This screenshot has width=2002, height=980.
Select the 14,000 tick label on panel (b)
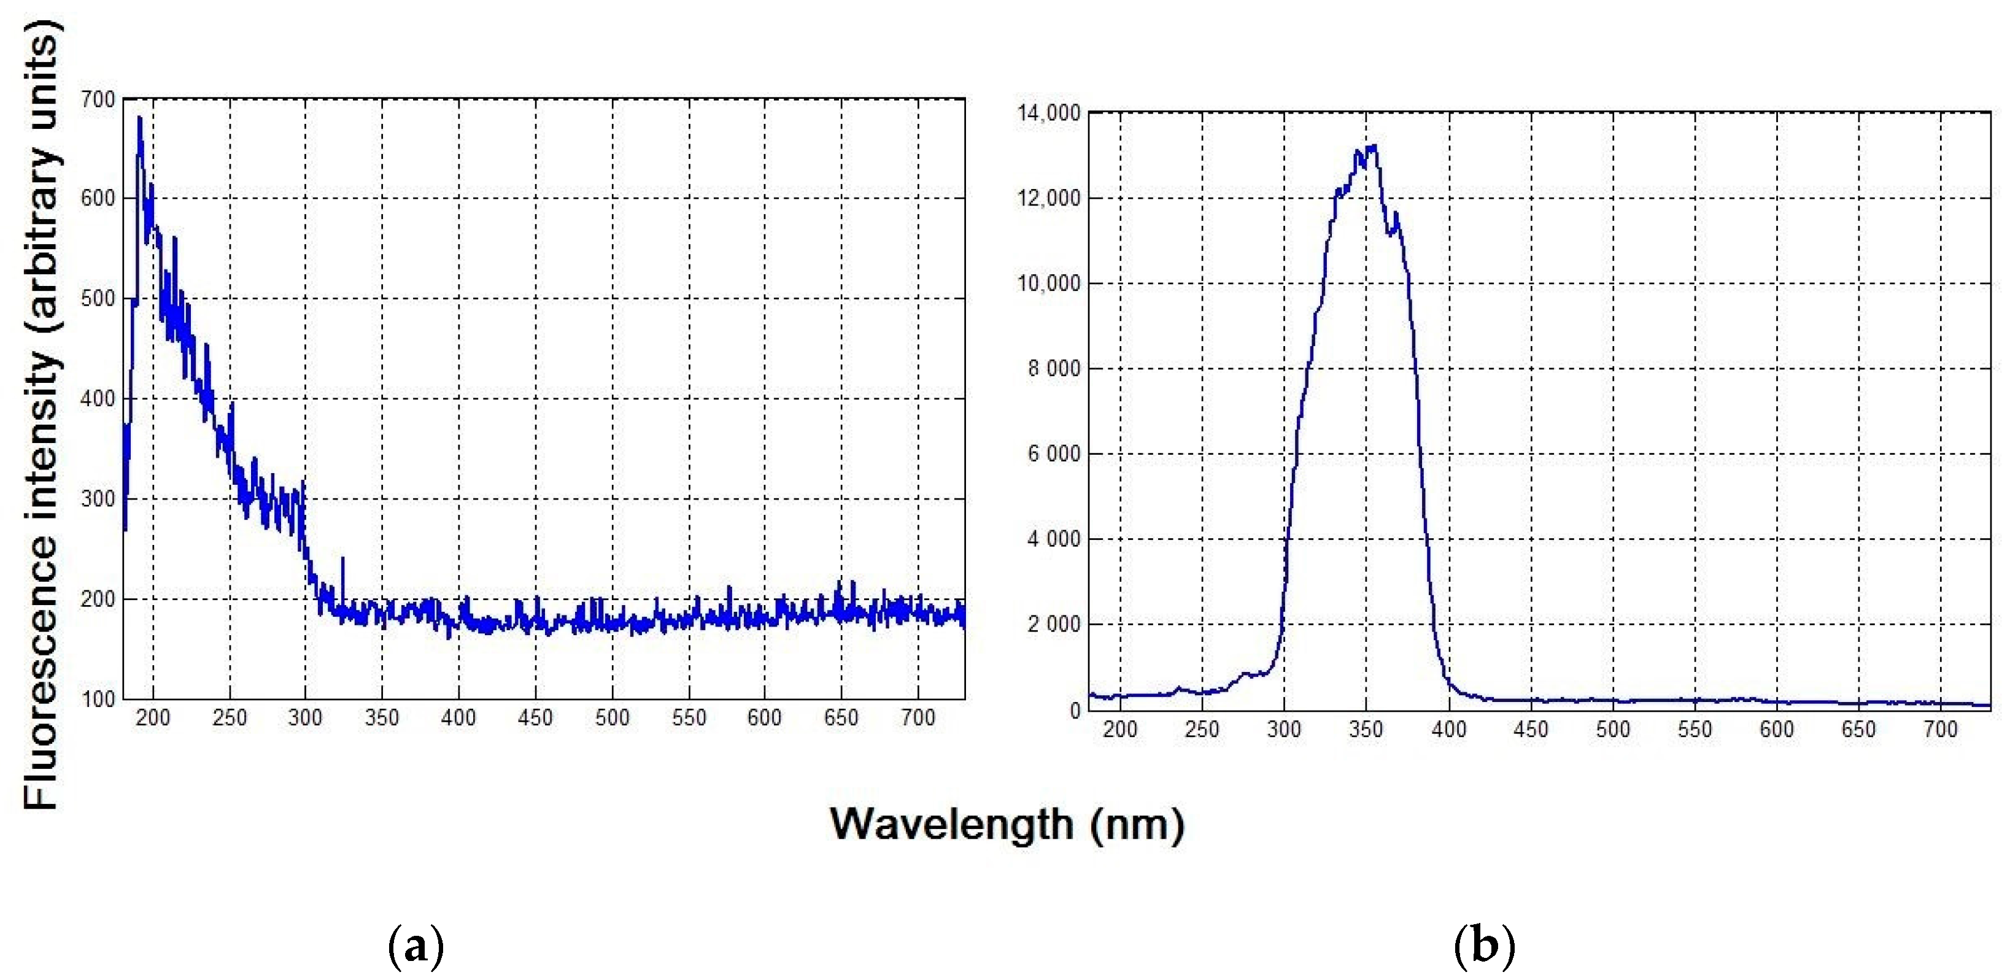tap(1048, 114)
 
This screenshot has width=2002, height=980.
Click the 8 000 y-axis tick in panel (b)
tap(1054, 369)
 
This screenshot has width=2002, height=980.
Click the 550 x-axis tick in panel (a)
tap(689, 718)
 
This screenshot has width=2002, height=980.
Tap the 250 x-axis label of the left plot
tap(230, 718)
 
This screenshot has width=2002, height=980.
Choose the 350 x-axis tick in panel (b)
tap(1366, 730)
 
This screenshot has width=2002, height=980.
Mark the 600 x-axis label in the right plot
tap(1777, 730)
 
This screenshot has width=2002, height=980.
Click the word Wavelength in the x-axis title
tap(951, 825)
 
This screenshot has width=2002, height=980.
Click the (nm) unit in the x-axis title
tap(1137, 825)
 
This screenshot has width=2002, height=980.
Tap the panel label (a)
tap(415, 946)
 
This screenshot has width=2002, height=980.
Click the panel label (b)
tap(1485, 946)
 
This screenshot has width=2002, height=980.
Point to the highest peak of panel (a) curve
tap(140, 118)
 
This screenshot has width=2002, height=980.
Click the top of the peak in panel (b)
tap(1374, 145)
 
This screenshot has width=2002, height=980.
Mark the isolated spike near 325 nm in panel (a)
tap(342, 559)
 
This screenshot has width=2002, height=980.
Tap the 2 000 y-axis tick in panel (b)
tap(1054, 625)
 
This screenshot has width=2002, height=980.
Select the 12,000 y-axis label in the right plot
tap(1048, 199)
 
